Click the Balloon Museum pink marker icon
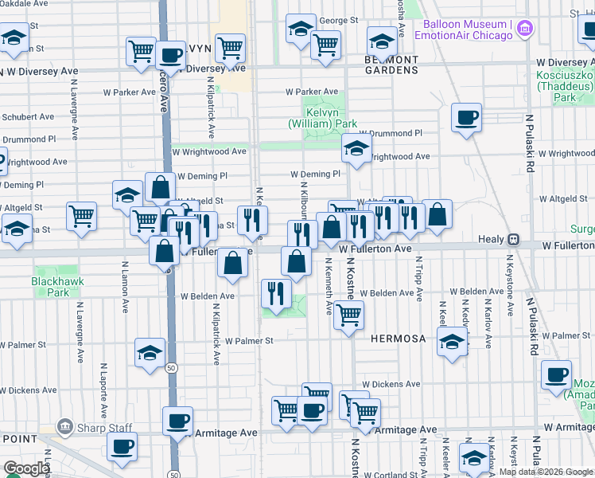[524, 30]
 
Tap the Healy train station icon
[514, 239]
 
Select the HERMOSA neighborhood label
[398, 339]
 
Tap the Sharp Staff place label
[105, 427]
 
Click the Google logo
[26, 468]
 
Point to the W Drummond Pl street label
[390, 134]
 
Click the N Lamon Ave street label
[125, 286]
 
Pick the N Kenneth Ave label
[329, 285]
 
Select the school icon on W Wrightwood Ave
[356, 147]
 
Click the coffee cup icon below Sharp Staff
[122, 447]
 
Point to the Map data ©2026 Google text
[546, 472]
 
